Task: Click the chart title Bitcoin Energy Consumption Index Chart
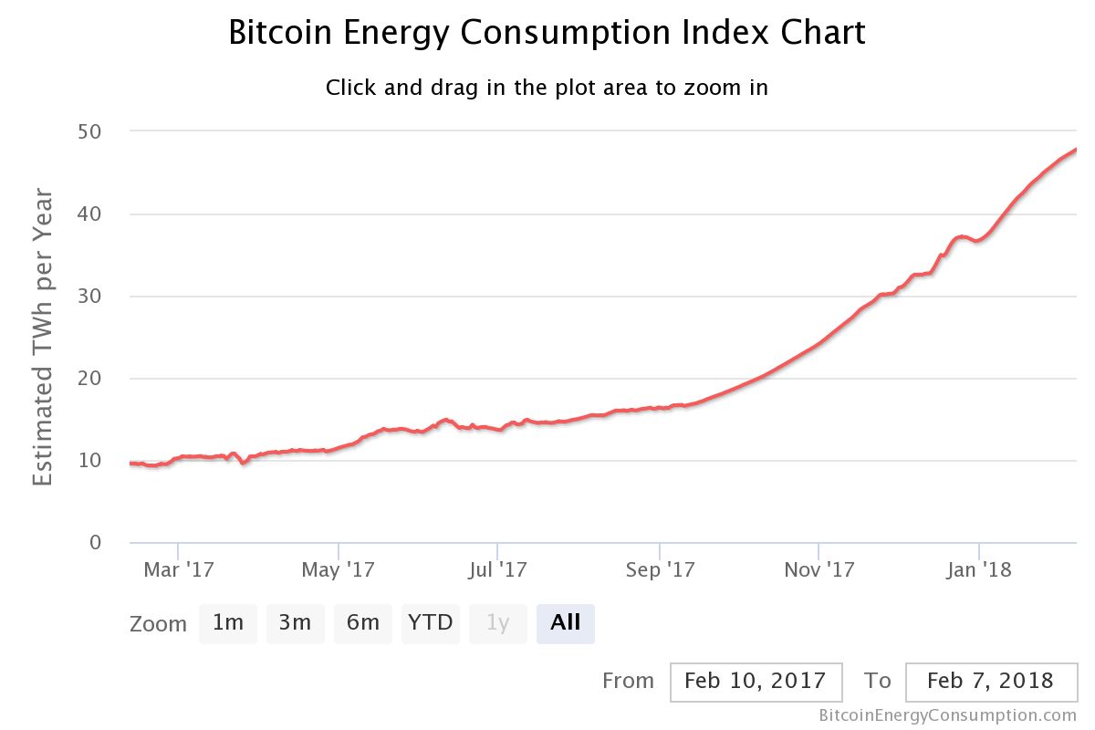[547, 33]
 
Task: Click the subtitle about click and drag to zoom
[547, 88]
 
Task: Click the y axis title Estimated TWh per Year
[43, 338]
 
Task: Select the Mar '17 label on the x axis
[179, 570]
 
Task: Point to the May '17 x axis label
[339, 570]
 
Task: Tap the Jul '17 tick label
[498, 570]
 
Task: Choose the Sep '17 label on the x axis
[659, 570]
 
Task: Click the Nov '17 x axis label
[819, 570]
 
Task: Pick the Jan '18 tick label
[979, 570]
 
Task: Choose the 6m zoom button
[362, 623]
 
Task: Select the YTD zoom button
[430, 623]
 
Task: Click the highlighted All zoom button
[566, 623]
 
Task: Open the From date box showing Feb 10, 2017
[755, 682]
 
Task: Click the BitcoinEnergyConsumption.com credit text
[948, 715]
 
